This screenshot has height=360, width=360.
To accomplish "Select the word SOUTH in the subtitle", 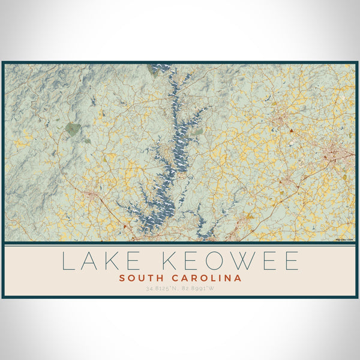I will tap(140, 278).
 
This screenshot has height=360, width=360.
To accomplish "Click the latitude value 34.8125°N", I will tap(161, 289).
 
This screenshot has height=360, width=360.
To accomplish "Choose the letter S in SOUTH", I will tap(122, 278).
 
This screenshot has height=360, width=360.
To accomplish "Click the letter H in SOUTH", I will tap(157, 278).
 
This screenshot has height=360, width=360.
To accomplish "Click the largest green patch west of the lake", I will tap(73, 129).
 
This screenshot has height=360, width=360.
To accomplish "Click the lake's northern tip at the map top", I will tap(161, 67).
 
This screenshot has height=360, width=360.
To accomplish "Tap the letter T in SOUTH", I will tap(148, 278).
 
